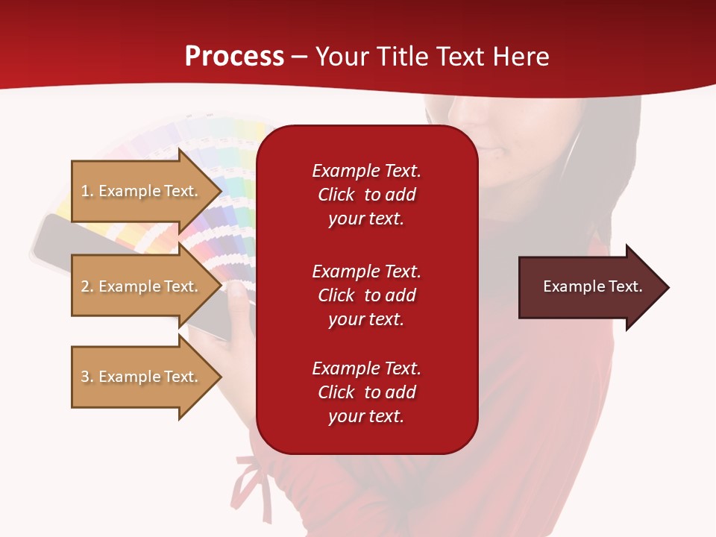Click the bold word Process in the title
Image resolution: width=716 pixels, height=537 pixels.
(x=234, y=57)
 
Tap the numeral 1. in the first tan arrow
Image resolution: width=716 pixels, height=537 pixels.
(x=87, y=191)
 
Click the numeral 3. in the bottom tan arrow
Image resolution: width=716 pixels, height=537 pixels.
(x=87, y=377)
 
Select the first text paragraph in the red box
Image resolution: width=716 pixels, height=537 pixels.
(x=366, y=195)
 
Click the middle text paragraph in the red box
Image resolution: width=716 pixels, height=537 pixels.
(x=366, y=295)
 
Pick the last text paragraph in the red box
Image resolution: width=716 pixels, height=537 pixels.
(x=366, y=392)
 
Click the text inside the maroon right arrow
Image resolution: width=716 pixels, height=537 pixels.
(x=592, y=286)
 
